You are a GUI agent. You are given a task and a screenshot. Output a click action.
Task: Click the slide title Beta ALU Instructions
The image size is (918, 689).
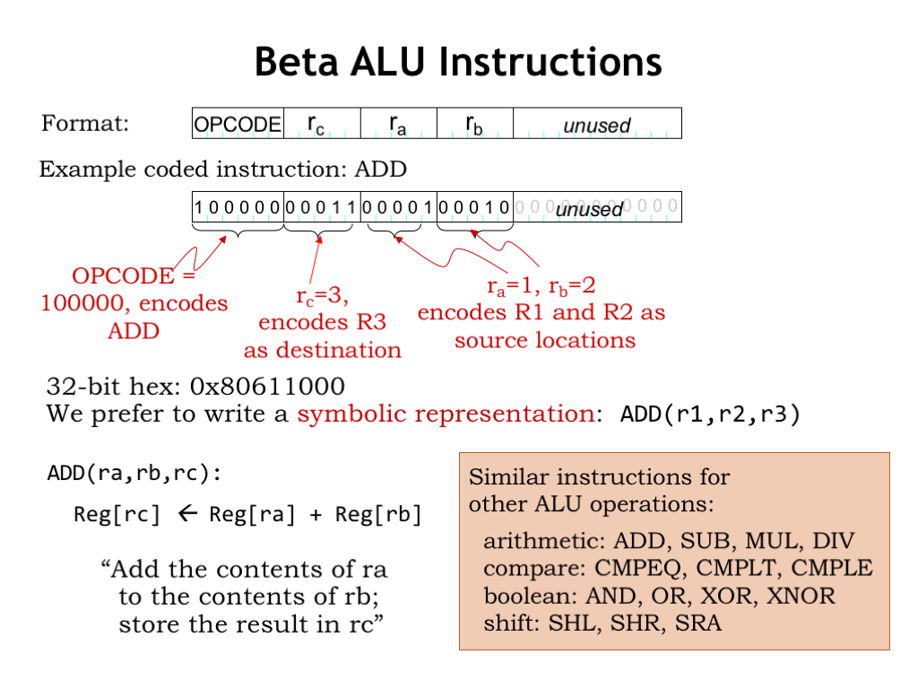458,63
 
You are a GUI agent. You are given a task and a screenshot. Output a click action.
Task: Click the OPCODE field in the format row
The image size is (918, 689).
238,124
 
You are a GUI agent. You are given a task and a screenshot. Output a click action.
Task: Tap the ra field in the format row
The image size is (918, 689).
397,124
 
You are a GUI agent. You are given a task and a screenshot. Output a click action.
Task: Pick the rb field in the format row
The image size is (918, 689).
473,124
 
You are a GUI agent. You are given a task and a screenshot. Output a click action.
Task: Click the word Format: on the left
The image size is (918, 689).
85,123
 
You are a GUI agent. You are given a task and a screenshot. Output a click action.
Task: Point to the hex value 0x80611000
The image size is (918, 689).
268,387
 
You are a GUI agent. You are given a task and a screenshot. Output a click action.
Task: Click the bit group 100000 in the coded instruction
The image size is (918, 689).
238,207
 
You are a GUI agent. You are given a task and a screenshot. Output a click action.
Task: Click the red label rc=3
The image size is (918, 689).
321,295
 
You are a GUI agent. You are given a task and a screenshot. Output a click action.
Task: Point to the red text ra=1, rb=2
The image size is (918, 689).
541,285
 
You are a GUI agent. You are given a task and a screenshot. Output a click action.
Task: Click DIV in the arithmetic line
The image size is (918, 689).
830,541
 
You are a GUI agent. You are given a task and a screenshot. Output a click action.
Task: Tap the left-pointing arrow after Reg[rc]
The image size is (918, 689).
186,515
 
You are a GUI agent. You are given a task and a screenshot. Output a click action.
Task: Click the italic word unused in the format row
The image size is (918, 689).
596,125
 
